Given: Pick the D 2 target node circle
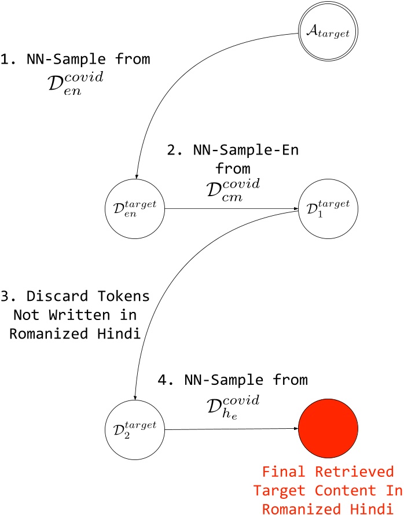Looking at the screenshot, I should tap(135, 429).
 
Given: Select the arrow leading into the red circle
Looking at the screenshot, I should tap(232, 429).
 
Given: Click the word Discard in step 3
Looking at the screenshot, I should tap(49, 297).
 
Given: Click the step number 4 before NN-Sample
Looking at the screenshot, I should tap(163, 381).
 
